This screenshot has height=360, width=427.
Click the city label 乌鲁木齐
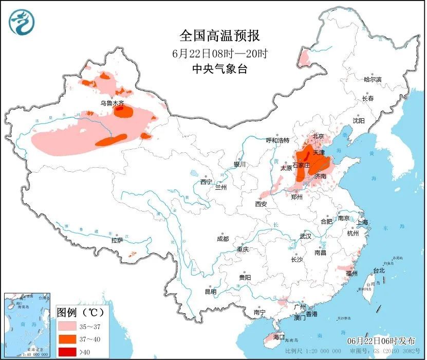[x=112, y=103]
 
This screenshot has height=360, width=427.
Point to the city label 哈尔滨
[x=373, y=80]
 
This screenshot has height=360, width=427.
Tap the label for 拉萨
[x=117, y=240]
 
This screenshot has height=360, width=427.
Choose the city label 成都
[x=222, y=239]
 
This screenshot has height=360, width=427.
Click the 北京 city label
[x=318, y=137]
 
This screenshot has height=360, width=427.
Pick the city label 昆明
[x=211, y=292]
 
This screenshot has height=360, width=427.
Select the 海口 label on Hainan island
[x=279, y=337]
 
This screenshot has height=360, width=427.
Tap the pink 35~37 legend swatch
[x=67, y=326]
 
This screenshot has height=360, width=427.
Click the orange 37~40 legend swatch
[x=67, y=339]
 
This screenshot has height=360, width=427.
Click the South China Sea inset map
[x=27, y=324]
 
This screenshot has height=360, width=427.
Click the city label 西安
[x=261, y=204]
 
